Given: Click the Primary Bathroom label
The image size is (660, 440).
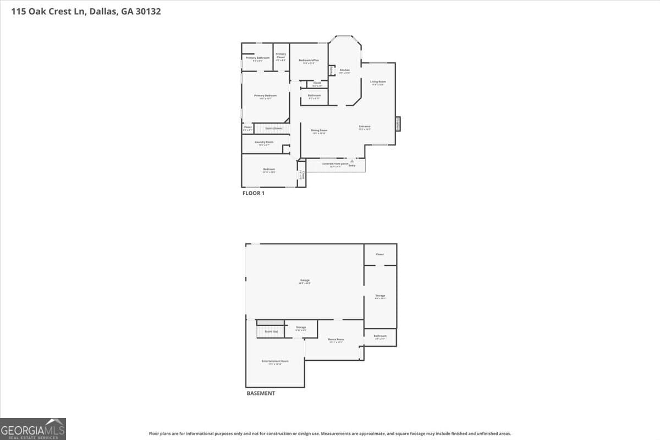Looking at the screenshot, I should pos(257,58).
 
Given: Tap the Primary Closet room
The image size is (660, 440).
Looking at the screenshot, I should pos(281,57).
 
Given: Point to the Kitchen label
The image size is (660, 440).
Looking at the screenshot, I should pos(344,70).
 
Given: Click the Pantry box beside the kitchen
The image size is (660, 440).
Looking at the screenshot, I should pos(332,70).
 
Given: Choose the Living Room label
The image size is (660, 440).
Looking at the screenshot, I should pos(378,82).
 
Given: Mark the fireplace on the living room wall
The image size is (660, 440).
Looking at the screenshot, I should pos(398,124).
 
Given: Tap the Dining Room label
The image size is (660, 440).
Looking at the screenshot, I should pos(319,131).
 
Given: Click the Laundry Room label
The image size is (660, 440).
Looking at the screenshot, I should pos(264,142).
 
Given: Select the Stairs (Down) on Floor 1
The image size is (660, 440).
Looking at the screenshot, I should pos(273,128).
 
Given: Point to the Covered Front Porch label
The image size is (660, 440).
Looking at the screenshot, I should pos(335,164).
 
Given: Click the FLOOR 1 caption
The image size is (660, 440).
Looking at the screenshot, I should pos(254,193).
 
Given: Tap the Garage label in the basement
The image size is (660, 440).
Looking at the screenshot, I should pos(305,281).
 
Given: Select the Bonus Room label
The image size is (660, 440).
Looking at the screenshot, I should pos(335,340).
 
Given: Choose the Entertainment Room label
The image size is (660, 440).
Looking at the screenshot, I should pos(275,361).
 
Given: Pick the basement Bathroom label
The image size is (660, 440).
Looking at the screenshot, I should pos(380,336).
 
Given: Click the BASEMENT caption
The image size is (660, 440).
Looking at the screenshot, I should pos(260,393).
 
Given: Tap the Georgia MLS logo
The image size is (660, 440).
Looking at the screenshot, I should pos(33,428).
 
